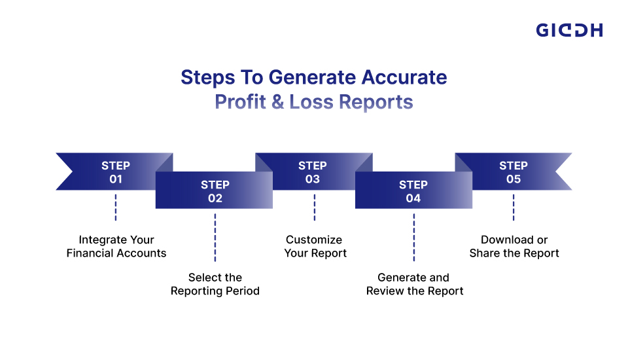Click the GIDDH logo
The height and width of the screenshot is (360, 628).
(x=569, y=30)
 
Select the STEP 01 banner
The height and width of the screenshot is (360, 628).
(x=115, y=171)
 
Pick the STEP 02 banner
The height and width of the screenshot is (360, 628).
(x=215, y=190)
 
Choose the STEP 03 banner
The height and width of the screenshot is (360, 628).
(x=313, y=171)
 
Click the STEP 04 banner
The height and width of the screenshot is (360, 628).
(x=413, y=190)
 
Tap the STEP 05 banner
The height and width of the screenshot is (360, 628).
(x=514, y=171)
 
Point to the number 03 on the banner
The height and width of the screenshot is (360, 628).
(x=313, y=179)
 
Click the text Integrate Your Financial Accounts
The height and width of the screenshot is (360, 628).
(x=116, y=246)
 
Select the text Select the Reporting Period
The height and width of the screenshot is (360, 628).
(x=215, y=284)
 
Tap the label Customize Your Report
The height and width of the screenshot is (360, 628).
(x=315, y=246)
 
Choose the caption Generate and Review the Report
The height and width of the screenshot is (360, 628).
(x=414, y=284)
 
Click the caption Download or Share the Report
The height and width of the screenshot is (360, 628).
(x=514, y=246)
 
